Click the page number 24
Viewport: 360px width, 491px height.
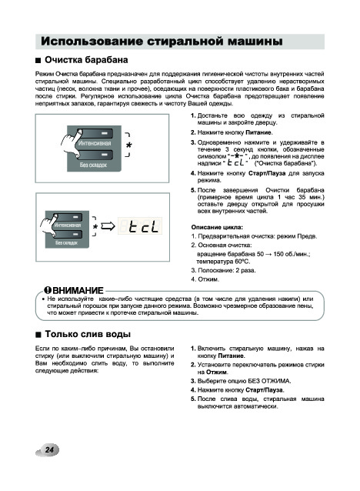(49, 449)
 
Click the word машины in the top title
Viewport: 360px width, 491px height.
(255, 42)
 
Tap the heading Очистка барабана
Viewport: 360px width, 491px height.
(86, 60)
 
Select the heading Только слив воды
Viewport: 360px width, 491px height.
(88, 334)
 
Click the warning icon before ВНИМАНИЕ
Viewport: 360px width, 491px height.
(48, 290)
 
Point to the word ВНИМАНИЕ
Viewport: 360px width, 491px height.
(78, 291)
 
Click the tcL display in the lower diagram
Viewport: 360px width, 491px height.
(144, 226)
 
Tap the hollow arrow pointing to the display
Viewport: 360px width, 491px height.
(108, 226)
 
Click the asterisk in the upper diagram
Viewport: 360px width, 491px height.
(129, 145)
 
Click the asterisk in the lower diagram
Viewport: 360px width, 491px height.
(95, 226)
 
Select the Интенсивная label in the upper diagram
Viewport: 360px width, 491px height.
(95, 143)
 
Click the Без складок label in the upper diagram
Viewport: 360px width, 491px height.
(93, 165)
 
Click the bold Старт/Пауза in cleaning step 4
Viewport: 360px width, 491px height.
(267, 173)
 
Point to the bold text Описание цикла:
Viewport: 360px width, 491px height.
(217, 227)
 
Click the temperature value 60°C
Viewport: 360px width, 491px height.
(242, 262)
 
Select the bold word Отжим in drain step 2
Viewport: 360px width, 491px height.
(217, 372)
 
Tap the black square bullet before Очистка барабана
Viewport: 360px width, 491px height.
(38, 61)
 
